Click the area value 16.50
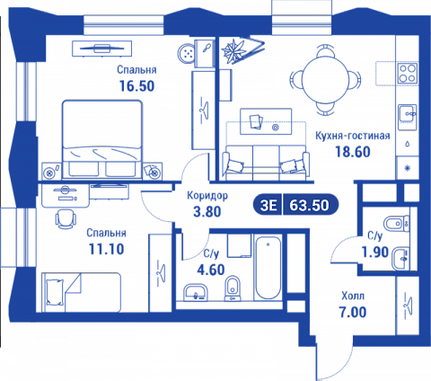[x=136, y=86]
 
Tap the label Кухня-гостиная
[x=353, y=136]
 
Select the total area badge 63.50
[x=309, y=206]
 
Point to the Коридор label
[x=207, y=196]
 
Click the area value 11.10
[x=106, y=249]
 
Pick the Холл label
[x=353, y=296]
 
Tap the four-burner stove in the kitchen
[x=408, y=74]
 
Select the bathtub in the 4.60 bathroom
[x=268, y=268]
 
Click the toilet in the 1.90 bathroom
[x=396, y=224]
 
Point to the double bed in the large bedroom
[x=102, y=140]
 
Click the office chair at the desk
[x=66, y=218]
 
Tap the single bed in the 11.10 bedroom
[x=81, y=292]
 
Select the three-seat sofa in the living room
[x=266, y=163]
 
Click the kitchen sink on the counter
[x=408, y=113]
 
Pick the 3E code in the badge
[x=268, y=206]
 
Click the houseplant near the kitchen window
[x=233, y=49]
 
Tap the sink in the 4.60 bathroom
[x=196, y=292]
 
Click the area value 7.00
[x=353, y=312]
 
